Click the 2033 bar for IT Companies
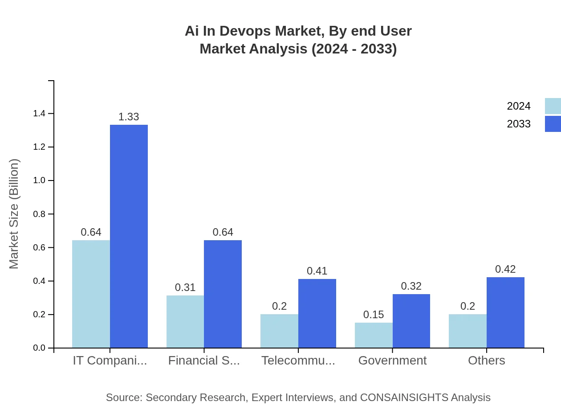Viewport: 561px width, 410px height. [129, 236]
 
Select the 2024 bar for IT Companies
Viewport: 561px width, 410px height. [91, 294]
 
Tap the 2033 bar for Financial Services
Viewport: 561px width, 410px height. [223, 294]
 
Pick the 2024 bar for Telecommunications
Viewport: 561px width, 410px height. [279, 331]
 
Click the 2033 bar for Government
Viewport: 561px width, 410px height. [411, 321]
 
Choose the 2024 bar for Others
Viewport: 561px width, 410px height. [467, 331]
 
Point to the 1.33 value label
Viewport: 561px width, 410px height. [129, 117]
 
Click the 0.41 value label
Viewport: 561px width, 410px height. [317, 271]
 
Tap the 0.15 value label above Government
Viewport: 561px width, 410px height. [374, 315]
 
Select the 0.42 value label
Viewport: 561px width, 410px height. [505, 269]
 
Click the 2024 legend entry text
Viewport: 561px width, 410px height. [519, 106]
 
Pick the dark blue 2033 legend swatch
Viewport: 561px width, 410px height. [553, 124]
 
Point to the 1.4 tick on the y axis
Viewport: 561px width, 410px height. [39, 114]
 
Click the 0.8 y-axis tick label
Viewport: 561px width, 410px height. [39, 214]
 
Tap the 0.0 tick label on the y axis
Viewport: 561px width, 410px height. [39, 348]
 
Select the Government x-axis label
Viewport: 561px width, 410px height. [392, 360]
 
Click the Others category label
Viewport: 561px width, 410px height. [486, 360]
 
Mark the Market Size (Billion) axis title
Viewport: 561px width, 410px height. [14, 214]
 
